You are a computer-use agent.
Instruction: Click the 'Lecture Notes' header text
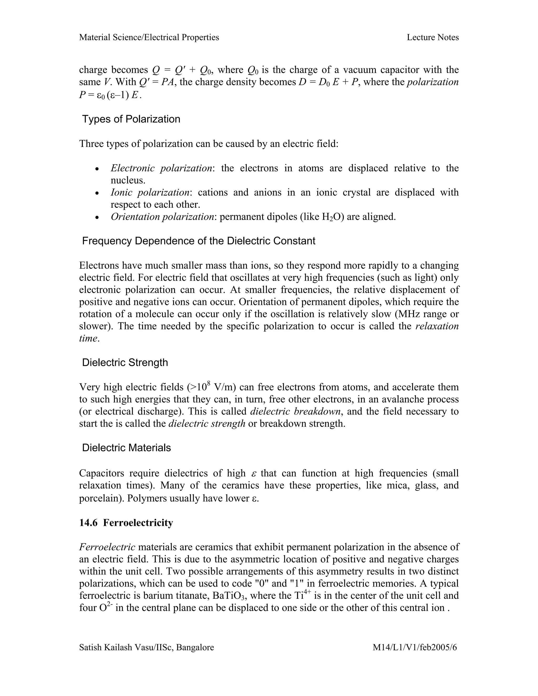(x=432, y=38)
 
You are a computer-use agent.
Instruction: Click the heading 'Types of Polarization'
(x=131, y=119)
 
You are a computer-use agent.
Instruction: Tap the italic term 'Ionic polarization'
(x=150, y=193)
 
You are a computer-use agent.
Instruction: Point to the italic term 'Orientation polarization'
(x=162, y=217)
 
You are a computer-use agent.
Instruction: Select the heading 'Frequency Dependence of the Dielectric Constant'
(x=199, y=241)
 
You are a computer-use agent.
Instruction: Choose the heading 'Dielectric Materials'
(x=127, y=448)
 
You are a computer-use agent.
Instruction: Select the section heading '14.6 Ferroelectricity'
(x=126, y=523)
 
